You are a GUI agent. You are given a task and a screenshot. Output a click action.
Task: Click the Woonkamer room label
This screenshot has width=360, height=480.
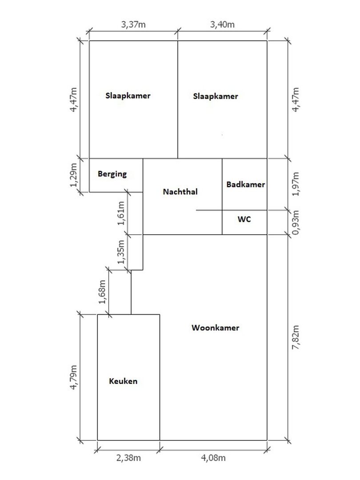point(216,328)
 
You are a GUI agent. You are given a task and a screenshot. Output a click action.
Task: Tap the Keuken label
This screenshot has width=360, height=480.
point(123,381)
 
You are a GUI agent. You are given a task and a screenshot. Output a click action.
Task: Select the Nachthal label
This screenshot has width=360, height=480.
point(180,192)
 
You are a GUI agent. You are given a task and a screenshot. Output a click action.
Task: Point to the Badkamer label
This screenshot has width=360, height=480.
point(245,184)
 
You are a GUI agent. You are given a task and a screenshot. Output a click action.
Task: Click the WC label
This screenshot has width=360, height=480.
point(244,219)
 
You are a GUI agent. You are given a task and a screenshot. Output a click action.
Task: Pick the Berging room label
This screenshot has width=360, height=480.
point(112,174)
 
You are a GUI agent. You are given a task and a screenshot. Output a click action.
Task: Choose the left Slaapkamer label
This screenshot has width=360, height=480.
point(128,96)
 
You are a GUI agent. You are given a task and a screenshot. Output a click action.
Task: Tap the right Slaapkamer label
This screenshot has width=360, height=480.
point(216,96)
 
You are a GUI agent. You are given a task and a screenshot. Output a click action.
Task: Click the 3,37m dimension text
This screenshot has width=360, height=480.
point(133,24)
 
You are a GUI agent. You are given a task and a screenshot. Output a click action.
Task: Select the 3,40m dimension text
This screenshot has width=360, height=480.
point(222,24)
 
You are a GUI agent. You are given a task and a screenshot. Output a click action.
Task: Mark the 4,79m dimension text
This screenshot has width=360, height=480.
point(74,378)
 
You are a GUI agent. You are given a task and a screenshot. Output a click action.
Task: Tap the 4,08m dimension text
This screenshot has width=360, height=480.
point(213,458)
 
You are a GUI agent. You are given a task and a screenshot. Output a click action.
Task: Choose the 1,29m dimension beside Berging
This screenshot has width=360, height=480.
point(74,175)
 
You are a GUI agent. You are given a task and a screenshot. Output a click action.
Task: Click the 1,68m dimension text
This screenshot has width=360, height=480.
point(102,292)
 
